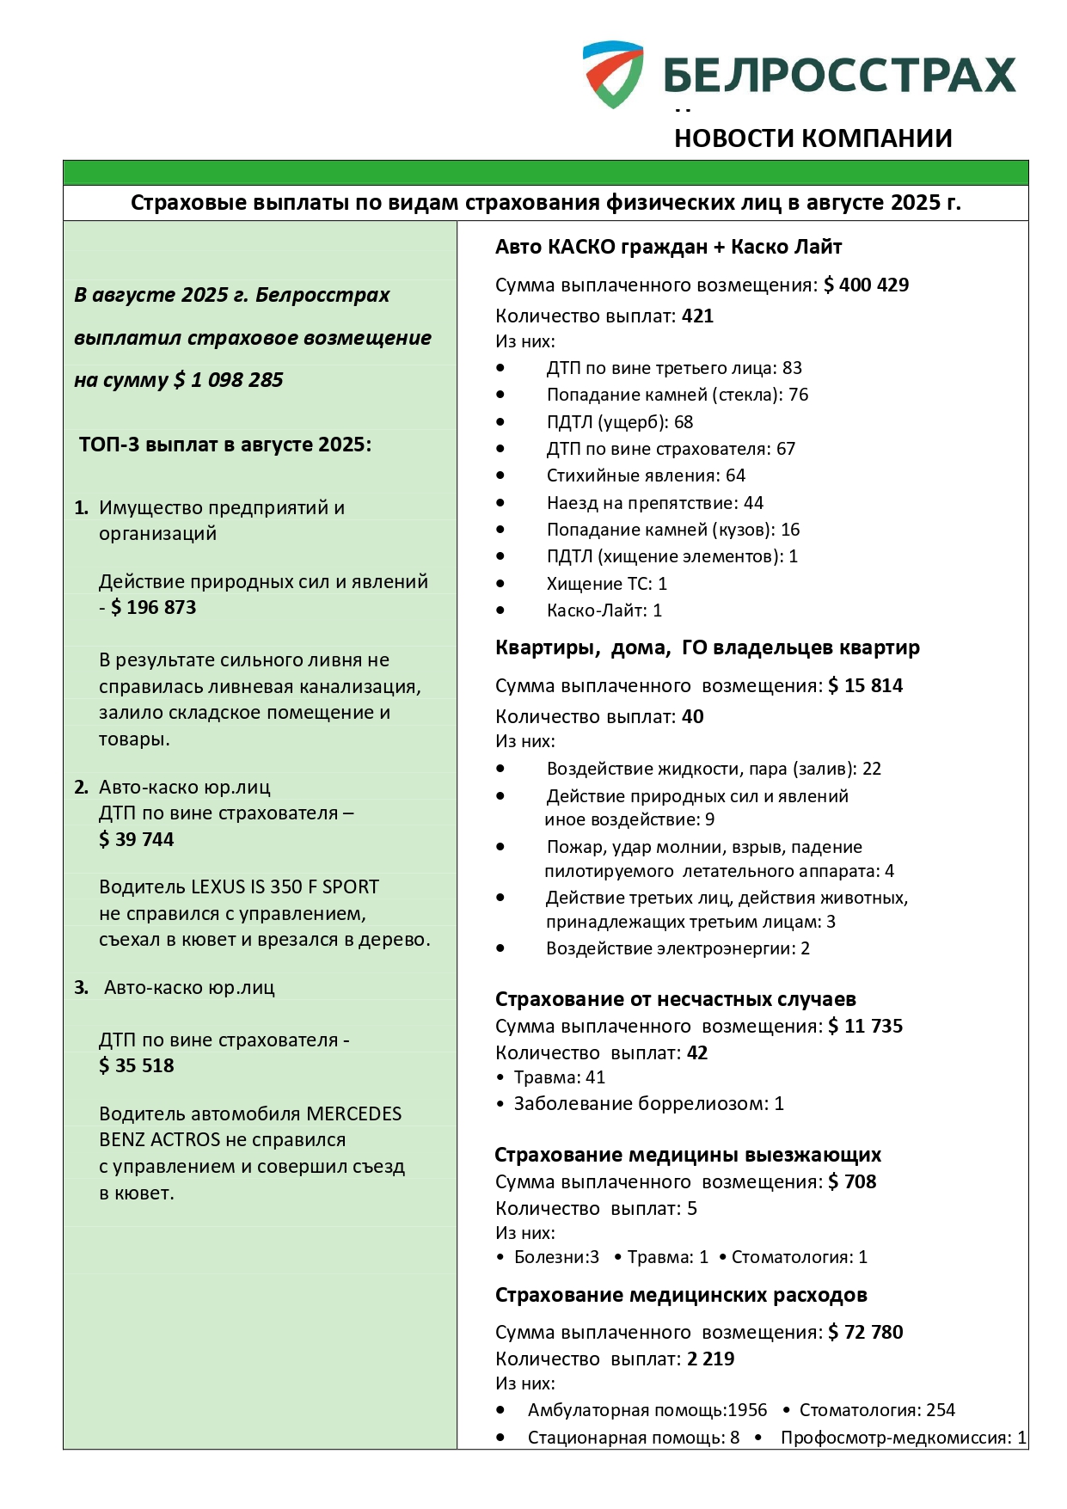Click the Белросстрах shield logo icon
pyautogui.click(x=612, y=74)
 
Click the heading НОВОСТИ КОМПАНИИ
pyautogui.click(x=813, y=138)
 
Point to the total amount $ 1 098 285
pyautogui.click(x=229, y=380)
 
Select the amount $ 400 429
pyautogui.click(x=866, y=285)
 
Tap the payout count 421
pyautogui.click(x=697, y=316)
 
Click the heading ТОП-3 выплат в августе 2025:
pyautogui.click(x=225, y=445)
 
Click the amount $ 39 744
pyautogui.click(x=137, y=839)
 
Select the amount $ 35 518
pyautogui.click(x=137, y=1065)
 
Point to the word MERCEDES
pyautogui.click(x=354, y=1113)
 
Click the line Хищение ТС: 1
pyautogui.click(x=606, y=584)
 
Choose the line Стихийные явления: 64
pyautogui.click(x=646, y=475)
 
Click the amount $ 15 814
pyautogui.click(x=866, y=685)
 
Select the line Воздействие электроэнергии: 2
pyautogui.click(x=678, y=948)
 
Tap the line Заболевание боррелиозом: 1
pyautogui.click(x=648, y=1103)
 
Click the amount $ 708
pyautogui.click(x=852, y=1181)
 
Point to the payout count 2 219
pyautogui.click(x=710, y=1359)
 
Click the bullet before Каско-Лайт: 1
pyautogui.click(x=500, y=610)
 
